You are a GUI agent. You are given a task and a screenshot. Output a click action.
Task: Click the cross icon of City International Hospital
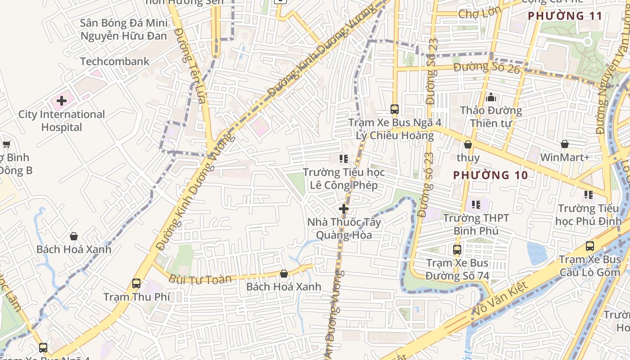coord(62,100)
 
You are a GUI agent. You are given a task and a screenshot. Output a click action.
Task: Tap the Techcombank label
coord(114,62)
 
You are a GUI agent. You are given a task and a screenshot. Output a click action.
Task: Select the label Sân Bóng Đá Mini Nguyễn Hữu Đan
coord(123,29)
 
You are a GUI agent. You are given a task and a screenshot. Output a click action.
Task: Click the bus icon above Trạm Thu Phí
coord(136,283)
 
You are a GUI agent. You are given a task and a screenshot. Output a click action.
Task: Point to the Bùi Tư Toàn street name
coord(200,279)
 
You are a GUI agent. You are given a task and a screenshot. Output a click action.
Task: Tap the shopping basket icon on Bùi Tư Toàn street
coord(284,274)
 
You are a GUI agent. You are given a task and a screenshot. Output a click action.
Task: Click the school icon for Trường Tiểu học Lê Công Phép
coord(344,159)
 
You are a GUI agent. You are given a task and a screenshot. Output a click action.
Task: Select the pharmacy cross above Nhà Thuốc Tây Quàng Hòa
coord(344,209)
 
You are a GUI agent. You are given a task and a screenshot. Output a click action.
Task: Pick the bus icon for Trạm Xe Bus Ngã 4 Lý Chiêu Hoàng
coord(395,109)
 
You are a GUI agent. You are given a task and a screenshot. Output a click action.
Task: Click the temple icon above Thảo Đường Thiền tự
coord(491,97)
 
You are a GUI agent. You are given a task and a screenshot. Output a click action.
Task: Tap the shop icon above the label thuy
coord(468,144)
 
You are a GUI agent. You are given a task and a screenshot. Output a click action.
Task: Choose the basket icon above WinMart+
coord(565,144)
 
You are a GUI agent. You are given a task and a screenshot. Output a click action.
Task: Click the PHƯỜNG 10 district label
coord(490,175)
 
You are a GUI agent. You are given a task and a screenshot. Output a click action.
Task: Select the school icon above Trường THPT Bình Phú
coord(476,205)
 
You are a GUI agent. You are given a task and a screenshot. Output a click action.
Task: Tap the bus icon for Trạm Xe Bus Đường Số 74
coord(457,249)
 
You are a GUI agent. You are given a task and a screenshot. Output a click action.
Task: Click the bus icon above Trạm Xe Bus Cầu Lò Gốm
coord(590,246)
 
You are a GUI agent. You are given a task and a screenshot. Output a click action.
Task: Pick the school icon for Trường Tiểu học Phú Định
coord(588,195)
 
